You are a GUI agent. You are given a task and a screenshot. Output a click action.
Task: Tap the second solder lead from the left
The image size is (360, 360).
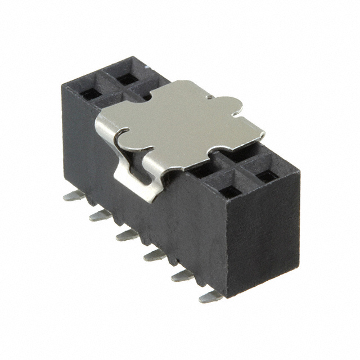pyautogui.click(x=99, y=215)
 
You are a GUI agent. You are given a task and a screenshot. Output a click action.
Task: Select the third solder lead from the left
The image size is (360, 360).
pyautogui.click(x=127, y=234)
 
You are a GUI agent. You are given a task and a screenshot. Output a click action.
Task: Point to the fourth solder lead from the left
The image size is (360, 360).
pyautogui.click(x=154, y=255)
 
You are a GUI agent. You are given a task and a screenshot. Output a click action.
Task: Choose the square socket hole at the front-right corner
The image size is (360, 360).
pyautogui.click(x=229, y=192)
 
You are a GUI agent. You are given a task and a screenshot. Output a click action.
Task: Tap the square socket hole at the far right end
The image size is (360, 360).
pyautogui.click(x=267, y=176)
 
